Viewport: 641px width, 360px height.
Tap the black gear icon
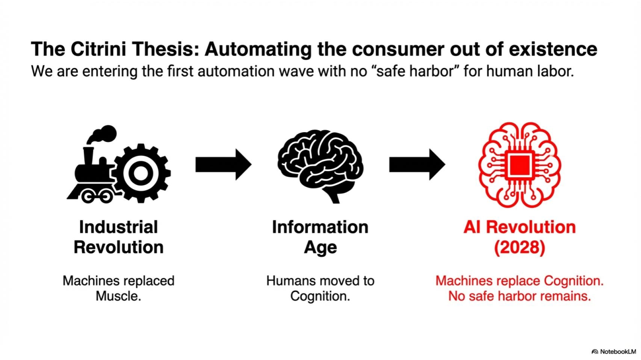[141, 173]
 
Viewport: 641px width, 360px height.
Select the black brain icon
[320, 165]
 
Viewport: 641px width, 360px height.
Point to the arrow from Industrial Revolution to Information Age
[223, 164]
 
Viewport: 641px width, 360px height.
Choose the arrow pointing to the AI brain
[417, 164]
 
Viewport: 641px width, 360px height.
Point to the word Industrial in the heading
[118, 227]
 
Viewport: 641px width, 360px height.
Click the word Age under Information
[320, 247]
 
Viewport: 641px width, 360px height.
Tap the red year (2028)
[519, 247]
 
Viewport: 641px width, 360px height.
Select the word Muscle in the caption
[118, 296]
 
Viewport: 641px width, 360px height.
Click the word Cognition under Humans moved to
[320, 296]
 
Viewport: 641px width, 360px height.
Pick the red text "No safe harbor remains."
[519, 296]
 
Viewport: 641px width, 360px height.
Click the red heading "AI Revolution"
[519, 227]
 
